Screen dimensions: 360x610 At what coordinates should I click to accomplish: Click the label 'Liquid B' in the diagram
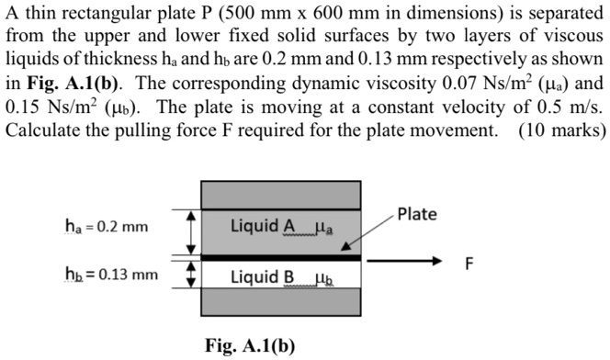tap(263, 276)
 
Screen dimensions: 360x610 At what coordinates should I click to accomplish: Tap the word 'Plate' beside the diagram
tap(418, 213)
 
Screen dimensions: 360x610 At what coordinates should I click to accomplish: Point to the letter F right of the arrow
tap(469, 264)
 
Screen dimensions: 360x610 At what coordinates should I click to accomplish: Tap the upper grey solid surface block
tap(281, 195)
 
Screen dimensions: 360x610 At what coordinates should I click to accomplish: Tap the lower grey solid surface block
tap(281, 301)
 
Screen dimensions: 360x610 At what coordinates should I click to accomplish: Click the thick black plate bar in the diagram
tap(281, 258)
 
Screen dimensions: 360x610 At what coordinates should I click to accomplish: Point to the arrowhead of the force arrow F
tap(438, 259)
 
